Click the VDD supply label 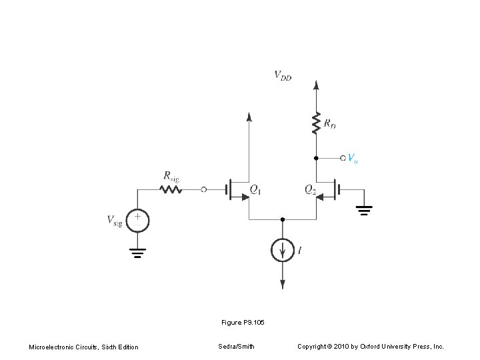click(x=283, y=76)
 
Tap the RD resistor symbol click(x=316, y=123)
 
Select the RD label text click(x=330, y=123)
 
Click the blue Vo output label click(x=353, y=159)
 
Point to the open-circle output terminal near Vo click(x=343, y=158)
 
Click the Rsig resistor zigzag click(x=171, y=189)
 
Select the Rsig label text click(x=171, y=177)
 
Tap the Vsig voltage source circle click(x=138, y=220)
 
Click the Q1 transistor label click(x=255, y=190)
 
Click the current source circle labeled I click(x=283, y=250)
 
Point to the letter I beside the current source click(x=299, y=250)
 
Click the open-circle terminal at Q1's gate click(x=204, y=189)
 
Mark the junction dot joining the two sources click(x=283, y=219)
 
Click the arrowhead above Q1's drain click(x=249, y=117)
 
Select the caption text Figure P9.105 click(x=243, y=323)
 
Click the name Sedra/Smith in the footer click(x=236, y=347)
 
